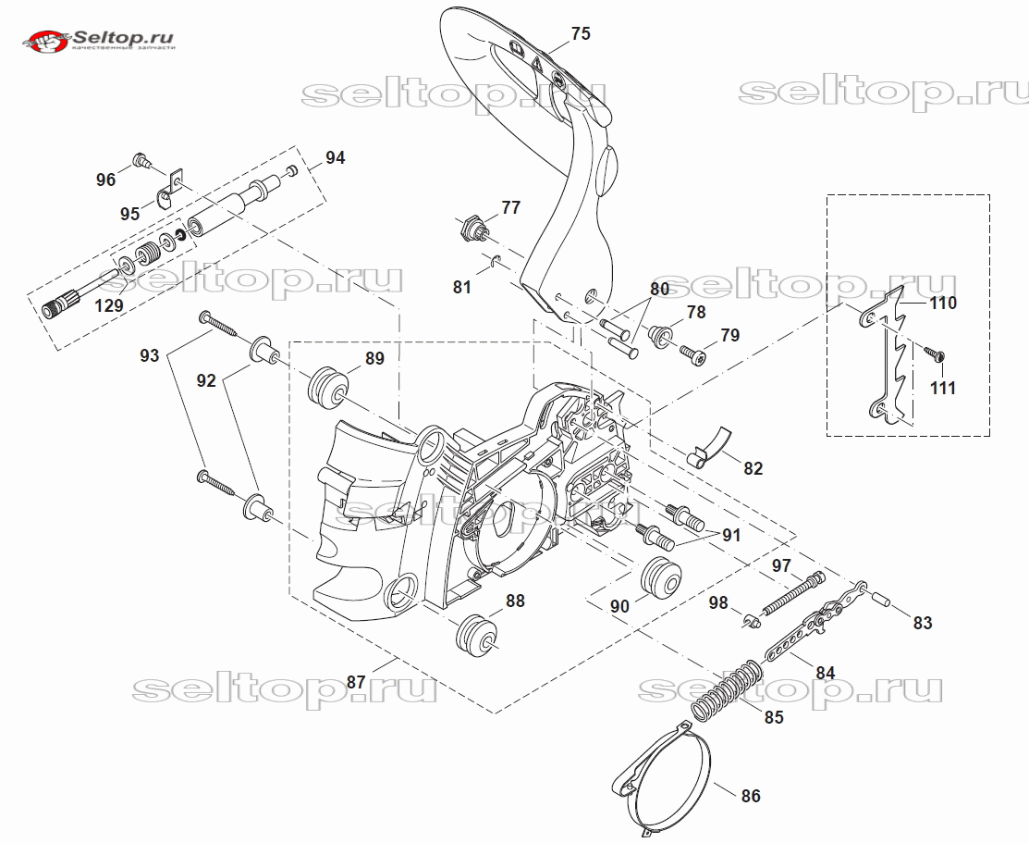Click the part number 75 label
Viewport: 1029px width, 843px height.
pos(580,34)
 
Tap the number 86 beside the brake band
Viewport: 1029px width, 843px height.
pos(751,795)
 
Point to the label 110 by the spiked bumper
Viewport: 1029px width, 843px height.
pos(942,303)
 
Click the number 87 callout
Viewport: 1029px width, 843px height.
pos(355,681)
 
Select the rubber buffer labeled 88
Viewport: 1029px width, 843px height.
pos(479,637)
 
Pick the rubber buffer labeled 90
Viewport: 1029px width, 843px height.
pos(661,579)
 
